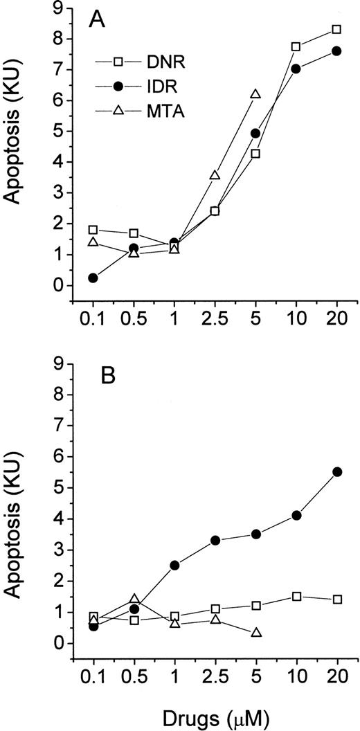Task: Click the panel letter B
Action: click(x=97, y=381)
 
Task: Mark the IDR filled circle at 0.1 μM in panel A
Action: click(x=93, y=278)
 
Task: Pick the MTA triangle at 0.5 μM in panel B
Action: click(x=134, y=599)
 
